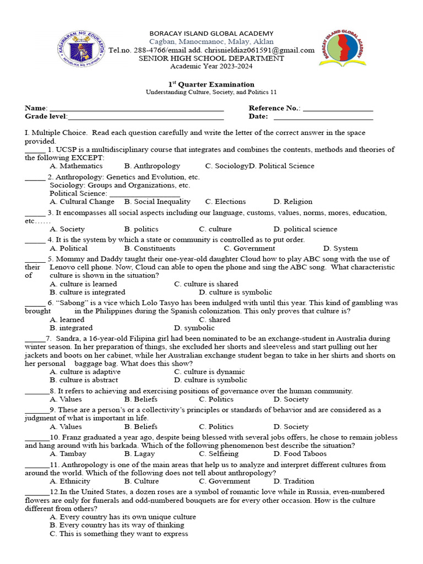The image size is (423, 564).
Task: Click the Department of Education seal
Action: [81, 49]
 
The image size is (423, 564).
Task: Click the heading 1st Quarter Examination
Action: [211, 84]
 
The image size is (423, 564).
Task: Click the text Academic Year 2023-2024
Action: [211, 66]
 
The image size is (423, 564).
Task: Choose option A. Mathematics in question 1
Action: [76, 166]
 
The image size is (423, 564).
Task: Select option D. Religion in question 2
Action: [292, 202]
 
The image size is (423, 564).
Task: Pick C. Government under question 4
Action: [238, 248]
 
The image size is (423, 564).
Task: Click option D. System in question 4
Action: [340, 248]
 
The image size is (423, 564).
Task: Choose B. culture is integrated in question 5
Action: [87, 292]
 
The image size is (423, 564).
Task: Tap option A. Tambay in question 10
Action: [68, 454]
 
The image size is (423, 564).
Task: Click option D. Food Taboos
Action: [300, 454]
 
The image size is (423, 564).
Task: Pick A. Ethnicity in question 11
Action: [70, 481]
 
